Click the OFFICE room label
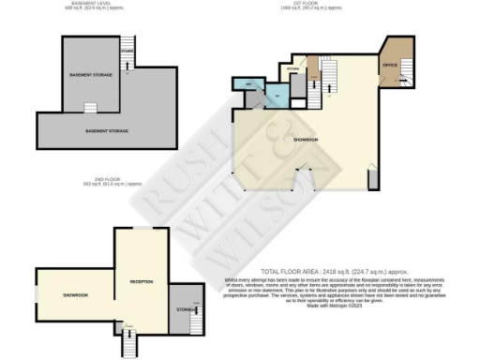coord(389,64)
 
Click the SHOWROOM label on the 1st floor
coord(306,139)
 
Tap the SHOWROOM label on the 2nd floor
coord(75,295)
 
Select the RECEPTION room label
coord(141,281)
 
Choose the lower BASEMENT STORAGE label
coord(106,130)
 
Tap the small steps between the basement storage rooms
coord(92,107)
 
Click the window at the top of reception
coord(141,229)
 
